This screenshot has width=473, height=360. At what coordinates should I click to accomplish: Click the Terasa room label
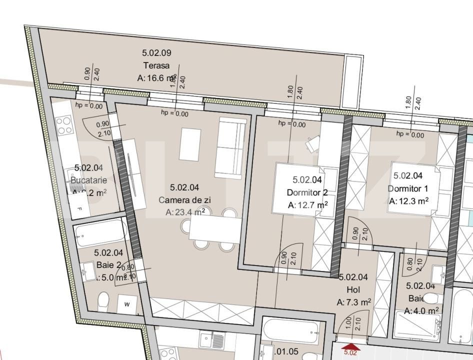pyautogui.click(x=156, y=65)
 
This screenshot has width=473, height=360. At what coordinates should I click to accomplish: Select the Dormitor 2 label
pyautogui.click(x=307, y=192)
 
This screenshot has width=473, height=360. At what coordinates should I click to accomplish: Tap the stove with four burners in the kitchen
pyautogui.click(x=64, y=125)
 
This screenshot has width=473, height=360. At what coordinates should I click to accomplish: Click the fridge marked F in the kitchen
pyautogui.click(x=78, y=208)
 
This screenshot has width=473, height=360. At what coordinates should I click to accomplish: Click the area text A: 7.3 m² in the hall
pyautogui.click(x=353, y=302)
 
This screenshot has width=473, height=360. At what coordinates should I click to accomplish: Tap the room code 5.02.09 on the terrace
pyautogui.click(x=156, y=52)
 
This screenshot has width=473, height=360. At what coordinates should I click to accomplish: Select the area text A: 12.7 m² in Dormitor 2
pyautogui.click(x=307, y=205)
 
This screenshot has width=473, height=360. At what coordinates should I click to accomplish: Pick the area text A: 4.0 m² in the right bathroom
pyautogui.click(x=421, y=311)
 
